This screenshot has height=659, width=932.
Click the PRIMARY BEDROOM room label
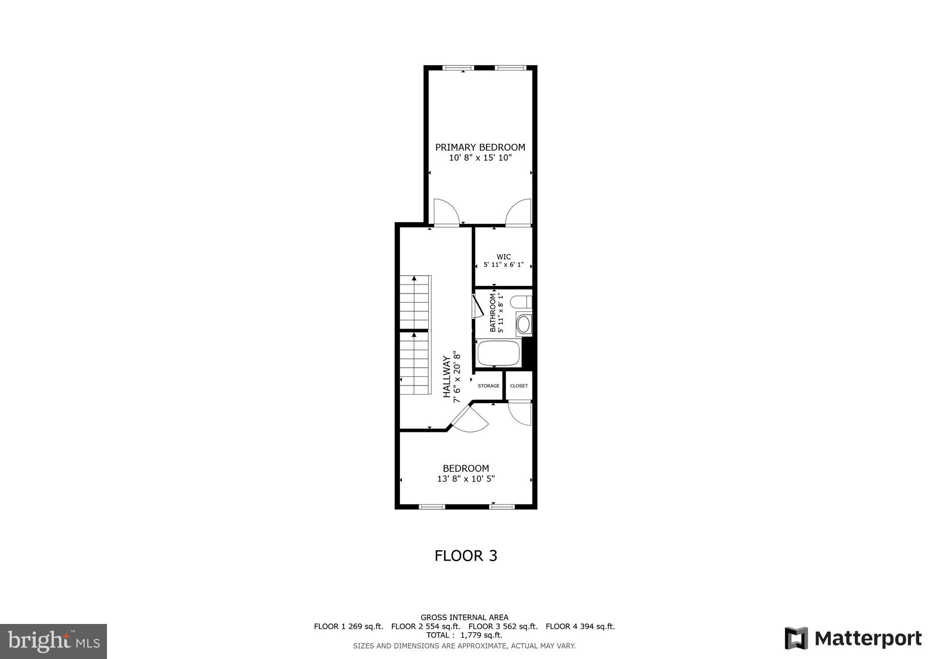480,147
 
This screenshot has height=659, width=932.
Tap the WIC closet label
503,257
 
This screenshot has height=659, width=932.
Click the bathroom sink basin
523,324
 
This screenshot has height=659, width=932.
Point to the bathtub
498,353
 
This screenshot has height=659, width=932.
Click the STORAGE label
488,386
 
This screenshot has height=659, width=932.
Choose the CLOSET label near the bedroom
519,386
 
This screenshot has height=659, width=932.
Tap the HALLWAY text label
447,377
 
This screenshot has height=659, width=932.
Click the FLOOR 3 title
466,556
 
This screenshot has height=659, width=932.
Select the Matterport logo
853,638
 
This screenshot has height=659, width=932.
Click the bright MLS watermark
54,642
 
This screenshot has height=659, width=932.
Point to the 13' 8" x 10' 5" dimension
466,479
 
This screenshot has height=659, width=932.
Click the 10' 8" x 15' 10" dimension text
480,158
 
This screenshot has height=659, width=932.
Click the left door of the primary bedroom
446,213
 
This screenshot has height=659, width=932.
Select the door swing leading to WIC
519,213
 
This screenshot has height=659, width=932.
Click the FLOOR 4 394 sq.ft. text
580,626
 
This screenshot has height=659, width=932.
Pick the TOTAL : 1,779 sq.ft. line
464,635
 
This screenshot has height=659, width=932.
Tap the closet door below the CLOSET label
520,413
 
